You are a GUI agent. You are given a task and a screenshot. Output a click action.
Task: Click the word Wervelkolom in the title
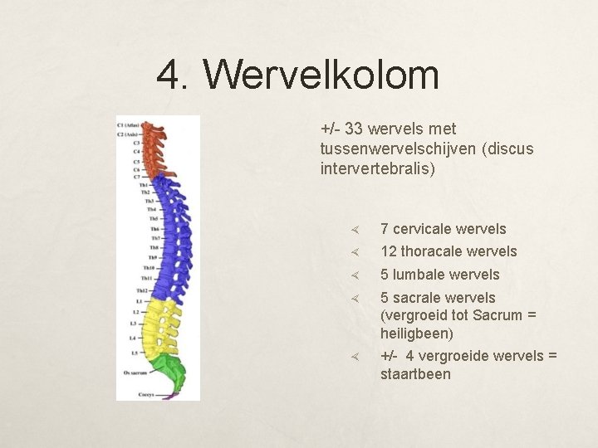[x=321, y=75]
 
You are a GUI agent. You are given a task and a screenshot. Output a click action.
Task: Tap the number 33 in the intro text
[x=354, y=129]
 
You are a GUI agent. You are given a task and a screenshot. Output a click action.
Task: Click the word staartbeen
[x=415, y=373]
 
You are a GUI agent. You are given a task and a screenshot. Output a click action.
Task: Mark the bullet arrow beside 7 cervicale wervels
[x=353, y=229]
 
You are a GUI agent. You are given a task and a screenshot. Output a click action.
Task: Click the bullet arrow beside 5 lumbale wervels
[x=353, y=275]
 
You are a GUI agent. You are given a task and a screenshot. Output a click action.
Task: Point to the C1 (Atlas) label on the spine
[x=128, y=124]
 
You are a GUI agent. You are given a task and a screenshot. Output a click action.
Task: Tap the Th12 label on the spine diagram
[x=142, y=290]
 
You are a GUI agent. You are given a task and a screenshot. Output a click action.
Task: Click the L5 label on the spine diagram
[x=135, y=353]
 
